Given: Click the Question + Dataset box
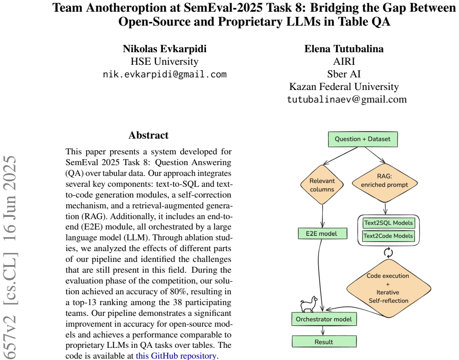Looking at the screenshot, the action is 363,139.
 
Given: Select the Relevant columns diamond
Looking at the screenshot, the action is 322,184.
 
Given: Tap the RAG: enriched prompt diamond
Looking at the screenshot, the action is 385,183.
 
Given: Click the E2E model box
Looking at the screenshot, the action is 323,234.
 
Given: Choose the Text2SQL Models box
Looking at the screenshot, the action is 389,223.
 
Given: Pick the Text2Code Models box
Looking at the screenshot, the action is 389,236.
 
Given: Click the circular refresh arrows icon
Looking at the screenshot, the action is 388,252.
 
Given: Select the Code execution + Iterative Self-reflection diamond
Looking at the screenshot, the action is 389,288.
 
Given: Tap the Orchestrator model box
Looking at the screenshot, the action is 324,319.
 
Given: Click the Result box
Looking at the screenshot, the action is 324,342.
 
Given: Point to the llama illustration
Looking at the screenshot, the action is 309,304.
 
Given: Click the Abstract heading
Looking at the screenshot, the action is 148,135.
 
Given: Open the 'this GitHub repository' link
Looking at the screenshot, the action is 176,355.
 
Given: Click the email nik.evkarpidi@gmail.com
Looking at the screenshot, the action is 165,74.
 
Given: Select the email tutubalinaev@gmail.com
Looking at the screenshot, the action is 347,99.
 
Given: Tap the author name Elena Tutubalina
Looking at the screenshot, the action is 344,49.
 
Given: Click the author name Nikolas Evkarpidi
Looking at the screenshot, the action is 165,49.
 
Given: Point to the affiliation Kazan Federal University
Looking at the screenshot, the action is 344,87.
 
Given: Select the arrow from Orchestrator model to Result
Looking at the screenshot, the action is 323,330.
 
